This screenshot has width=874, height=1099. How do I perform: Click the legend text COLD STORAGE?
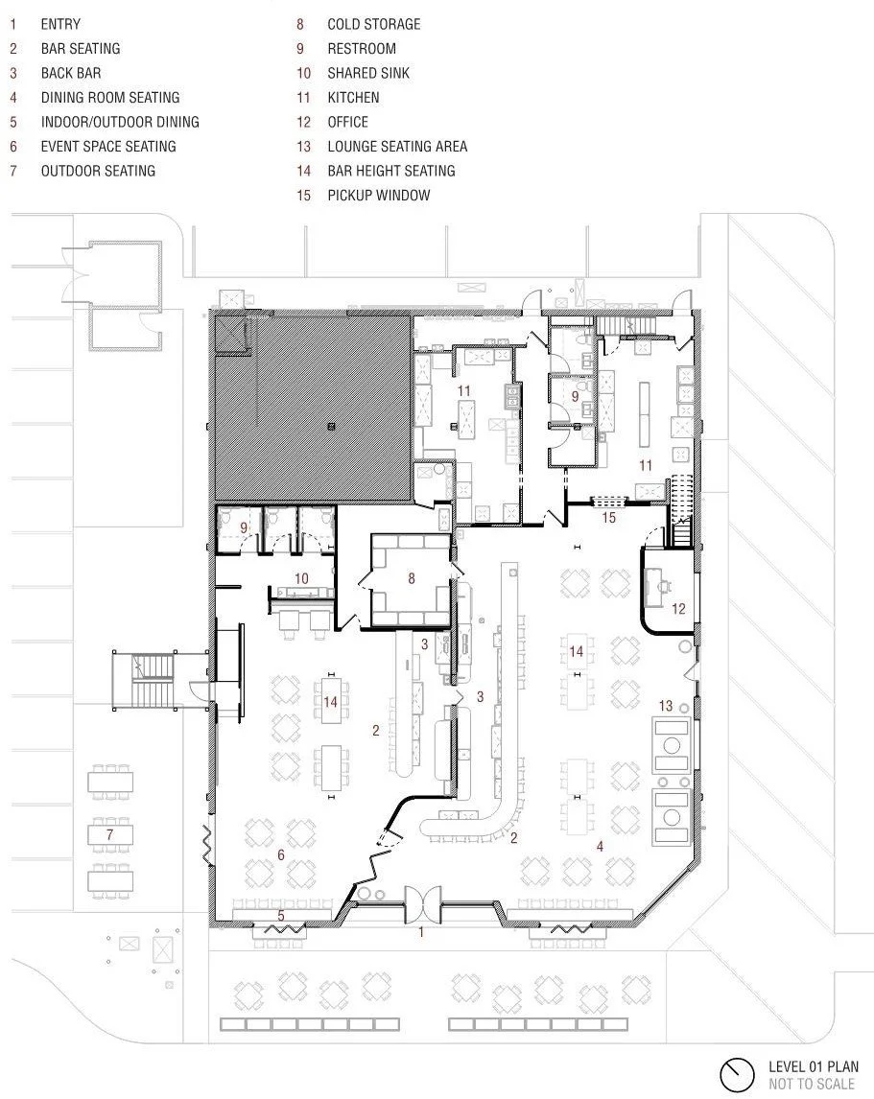click(374, 25)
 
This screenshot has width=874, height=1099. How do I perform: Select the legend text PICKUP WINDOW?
click(379, 196)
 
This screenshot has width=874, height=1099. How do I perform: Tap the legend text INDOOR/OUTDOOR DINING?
click(120, 122)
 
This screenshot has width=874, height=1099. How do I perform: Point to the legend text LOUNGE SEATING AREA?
click(397, 147)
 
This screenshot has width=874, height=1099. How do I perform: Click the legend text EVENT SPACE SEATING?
click(108, 147)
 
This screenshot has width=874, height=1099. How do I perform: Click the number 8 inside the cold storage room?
click(412, 578)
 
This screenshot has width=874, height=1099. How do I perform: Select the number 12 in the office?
click(678, 608)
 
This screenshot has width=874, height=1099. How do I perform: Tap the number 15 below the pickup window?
click(609, 517)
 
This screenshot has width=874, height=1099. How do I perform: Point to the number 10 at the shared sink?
click(301, 578)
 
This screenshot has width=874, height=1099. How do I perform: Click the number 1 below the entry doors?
click(421, 932)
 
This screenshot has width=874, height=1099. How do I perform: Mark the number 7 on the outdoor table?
click(109, 834)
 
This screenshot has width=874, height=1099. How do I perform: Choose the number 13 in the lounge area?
click(666, 706)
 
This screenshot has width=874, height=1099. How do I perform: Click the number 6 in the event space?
click(281, 854)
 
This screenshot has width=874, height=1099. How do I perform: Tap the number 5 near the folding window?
click(281, 916)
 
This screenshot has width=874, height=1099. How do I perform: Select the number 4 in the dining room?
click(600, 846)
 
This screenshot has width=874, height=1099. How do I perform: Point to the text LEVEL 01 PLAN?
click(813, 1066)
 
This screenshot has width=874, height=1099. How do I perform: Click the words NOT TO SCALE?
click(812, 1085)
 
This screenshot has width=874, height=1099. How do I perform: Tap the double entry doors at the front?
click(423, 902)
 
